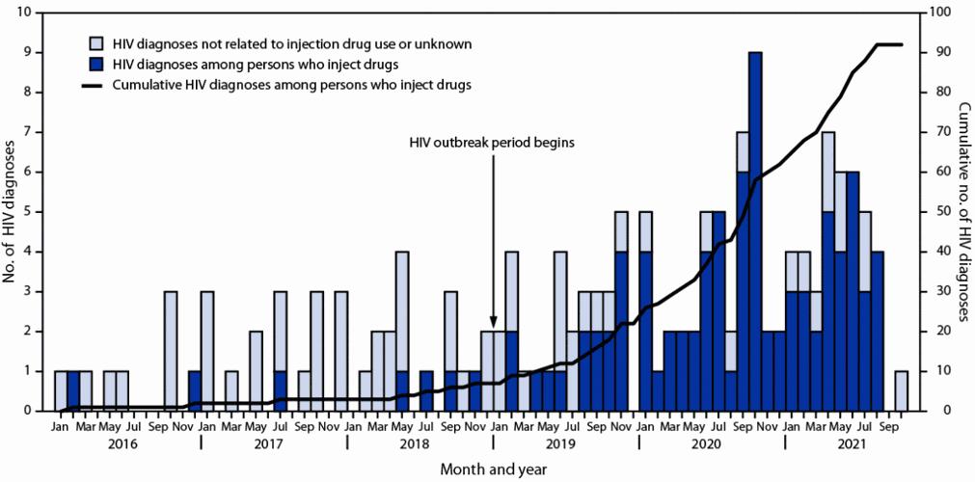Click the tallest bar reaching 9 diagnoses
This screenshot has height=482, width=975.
coord(755,231)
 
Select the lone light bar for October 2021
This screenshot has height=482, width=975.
coord(901,390)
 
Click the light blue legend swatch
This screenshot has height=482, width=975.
coord(96,44)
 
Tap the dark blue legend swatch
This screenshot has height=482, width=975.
coord(96,65)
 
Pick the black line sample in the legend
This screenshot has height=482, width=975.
coord(96,85)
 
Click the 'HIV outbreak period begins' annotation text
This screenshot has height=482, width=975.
coord(493,142)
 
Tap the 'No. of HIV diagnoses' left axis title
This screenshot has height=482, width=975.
coord(12,212)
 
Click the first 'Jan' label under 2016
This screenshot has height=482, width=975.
coord(60,424)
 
